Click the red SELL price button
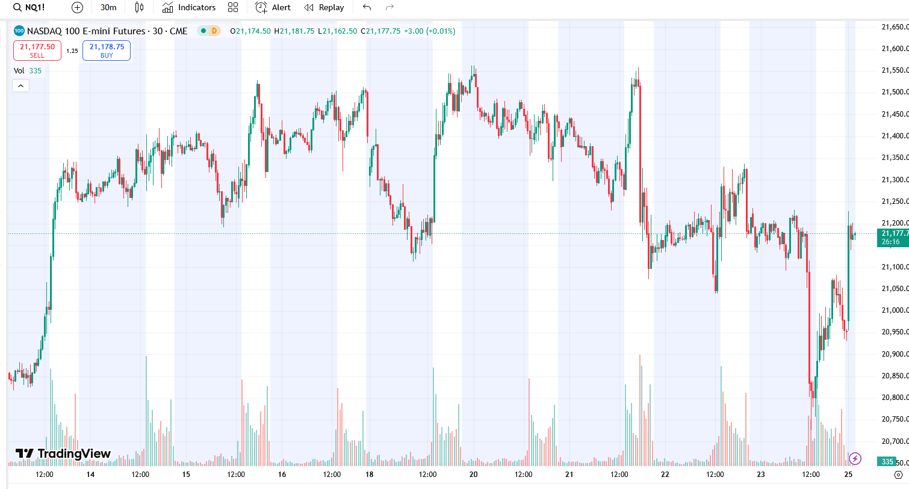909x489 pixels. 37,51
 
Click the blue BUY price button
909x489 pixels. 107,51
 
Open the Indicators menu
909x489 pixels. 189,8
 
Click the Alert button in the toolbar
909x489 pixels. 273,8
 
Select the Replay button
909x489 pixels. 324,8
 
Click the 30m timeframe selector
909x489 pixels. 108,8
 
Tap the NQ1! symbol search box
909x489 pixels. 30,8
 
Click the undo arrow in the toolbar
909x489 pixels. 367,8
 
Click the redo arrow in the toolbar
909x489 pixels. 389,8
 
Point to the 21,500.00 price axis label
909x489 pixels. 895,92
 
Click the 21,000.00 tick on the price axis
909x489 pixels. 895,310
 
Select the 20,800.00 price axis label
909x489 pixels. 895,398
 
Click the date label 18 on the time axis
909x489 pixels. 369,475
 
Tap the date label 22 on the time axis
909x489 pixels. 665,475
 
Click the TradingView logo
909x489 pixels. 63,454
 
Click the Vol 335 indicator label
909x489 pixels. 28,71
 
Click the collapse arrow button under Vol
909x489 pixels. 20,86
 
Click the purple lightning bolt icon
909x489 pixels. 855,459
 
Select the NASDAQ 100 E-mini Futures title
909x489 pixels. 86,31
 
